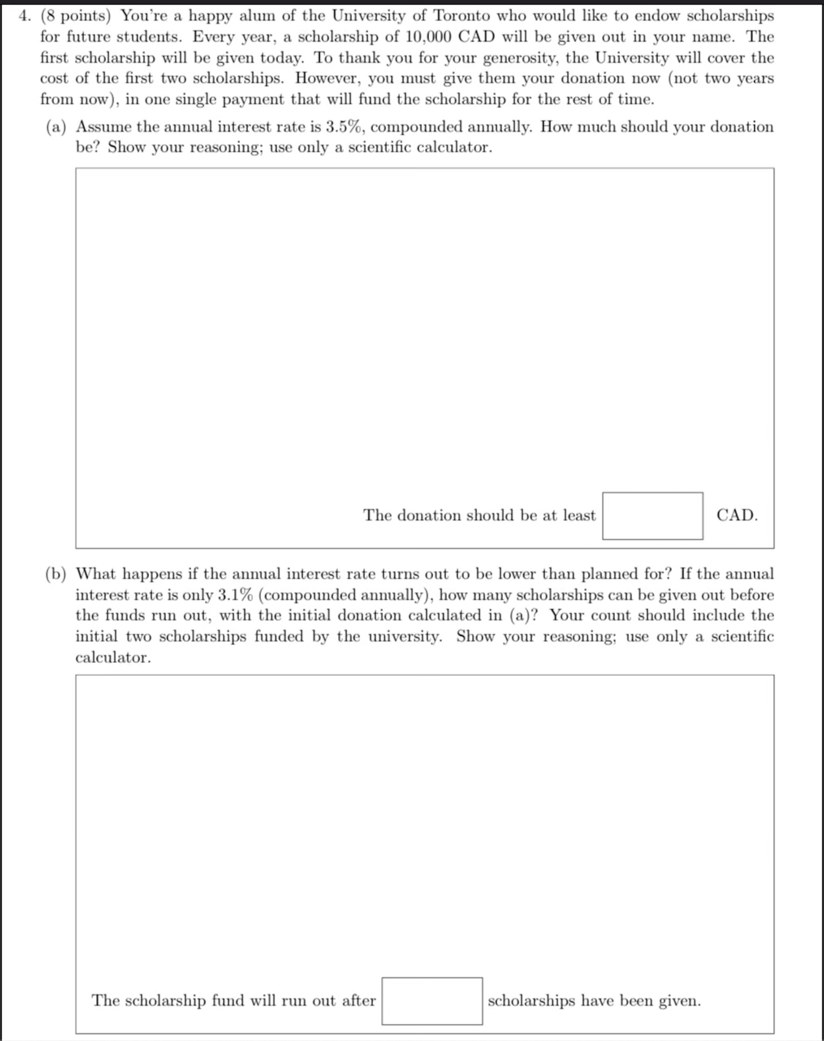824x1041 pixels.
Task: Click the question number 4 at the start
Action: pos(23,16)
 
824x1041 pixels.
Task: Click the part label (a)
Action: pos(56,127)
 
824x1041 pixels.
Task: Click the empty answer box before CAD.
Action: pos(652,516)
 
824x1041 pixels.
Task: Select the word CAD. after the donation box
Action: pos(737,515)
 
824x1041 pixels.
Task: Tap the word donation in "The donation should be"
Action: pos(429,515)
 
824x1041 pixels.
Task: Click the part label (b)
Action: pos(56,574)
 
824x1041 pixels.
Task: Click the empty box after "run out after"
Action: pos(432,1001)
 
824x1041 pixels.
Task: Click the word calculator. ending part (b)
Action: pos(113,658)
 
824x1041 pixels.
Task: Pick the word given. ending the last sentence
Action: pos(680,1001)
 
